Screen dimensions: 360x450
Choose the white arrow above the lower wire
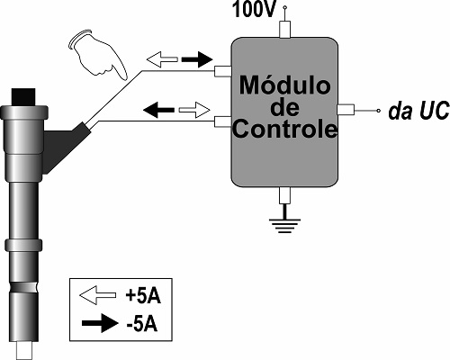point(192,111)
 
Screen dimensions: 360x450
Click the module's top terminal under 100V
point(284,30)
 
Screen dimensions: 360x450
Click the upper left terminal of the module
point(223,71)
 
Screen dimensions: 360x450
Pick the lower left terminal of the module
point(223,120)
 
